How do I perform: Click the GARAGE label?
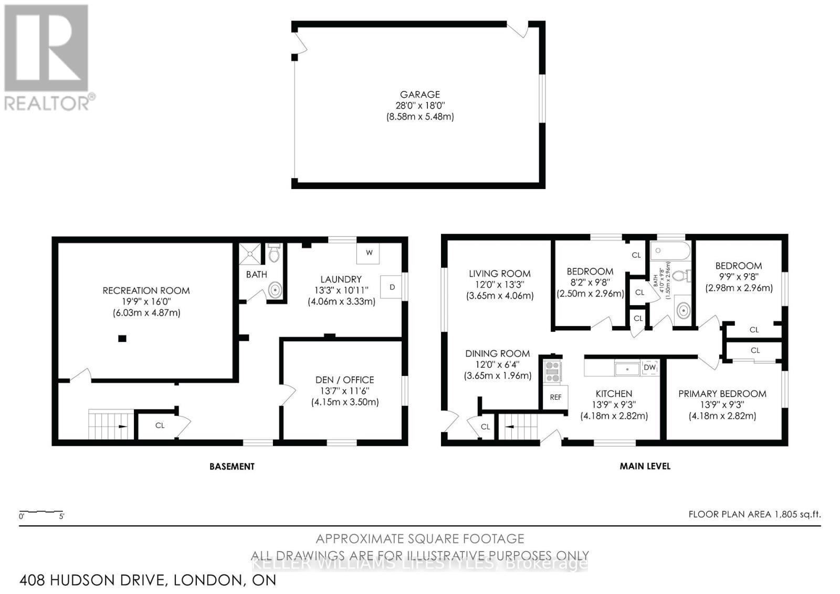tap(419, 95)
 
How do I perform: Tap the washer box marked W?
tap(369, 253)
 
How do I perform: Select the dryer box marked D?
tap(391, 287)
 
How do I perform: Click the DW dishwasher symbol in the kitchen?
tap(649, 368)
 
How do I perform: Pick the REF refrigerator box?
tap(555, 397)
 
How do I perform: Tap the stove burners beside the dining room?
tap(552, 371)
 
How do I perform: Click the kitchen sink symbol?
tap(627, 369)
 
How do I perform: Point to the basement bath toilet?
tap(274, 254)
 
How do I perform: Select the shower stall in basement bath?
tap(250, 254)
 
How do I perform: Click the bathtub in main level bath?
tap(670, 252)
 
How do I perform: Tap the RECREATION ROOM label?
tap(146, 290)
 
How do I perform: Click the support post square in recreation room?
tap(122, 339)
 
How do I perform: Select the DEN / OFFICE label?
tap(344, 380)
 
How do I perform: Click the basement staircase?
tap(109, 424)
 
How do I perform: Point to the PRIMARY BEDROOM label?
tap(722, 394)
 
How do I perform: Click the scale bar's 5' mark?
tap(61, 516)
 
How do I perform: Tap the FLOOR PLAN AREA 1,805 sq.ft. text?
tap(754, 514)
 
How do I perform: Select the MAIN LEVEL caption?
tap(645, 466)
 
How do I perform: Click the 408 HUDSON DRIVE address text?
tap(148, 580)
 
